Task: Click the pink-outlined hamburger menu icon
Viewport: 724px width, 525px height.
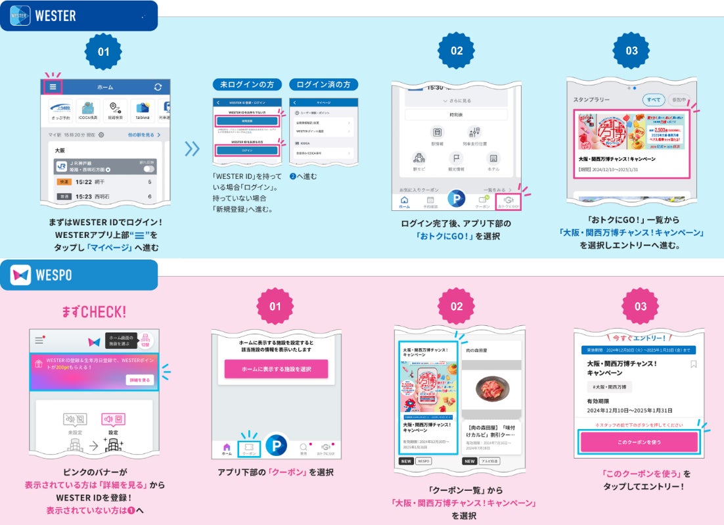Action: pos(53,87)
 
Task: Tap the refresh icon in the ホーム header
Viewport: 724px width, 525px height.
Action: pos(158,87)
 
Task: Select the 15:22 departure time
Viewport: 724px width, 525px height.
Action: pos(89,182)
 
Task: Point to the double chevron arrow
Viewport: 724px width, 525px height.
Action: pos(192,148)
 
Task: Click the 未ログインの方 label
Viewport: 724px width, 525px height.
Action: pos(247,85)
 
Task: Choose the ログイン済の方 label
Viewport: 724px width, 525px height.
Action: pos(324,85)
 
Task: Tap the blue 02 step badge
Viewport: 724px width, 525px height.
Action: pos(457,51)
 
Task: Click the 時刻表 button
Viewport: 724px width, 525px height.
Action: pos(456,114)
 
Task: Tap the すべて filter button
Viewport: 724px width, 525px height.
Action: pos(654,99)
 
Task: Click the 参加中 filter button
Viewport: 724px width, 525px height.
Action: pos(678,99)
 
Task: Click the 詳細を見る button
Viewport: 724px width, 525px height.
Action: pos(139,380)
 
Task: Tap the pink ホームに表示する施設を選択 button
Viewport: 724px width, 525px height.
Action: pos(276,369)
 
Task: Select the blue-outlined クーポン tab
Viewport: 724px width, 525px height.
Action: pos(250,449)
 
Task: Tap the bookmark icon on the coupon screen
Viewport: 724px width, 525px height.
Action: pos(694,364)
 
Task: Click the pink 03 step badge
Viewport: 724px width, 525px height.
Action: pos(641,306)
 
